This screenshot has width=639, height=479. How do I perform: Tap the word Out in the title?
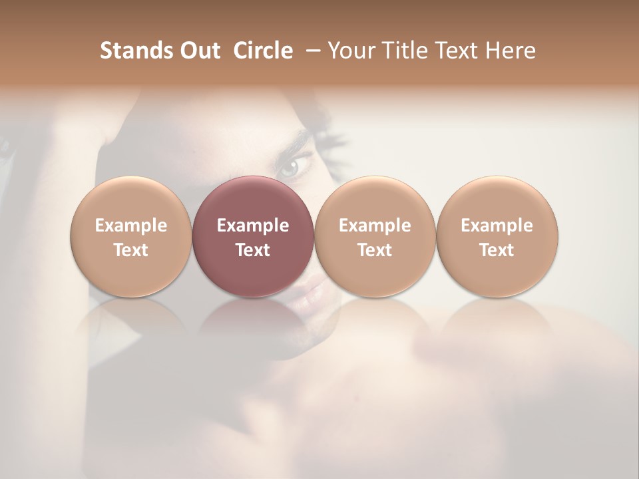click(198, 51)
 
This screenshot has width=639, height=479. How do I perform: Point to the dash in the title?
click(311, 51)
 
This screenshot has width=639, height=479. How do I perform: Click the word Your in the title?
click(351, 51)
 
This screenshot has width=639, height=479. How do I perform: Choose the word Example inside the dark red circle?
click(253, 226)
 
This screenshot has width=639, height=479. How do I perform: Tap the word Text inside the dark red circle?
click(253, 250)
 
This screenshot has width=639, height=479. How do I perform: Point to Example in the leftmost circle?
click(131, 226)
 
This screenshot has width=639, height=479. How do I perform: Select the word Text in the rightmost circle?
click(497, 250)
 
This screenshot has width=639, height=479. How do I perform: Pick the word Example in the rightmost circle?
click(497, 226)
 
